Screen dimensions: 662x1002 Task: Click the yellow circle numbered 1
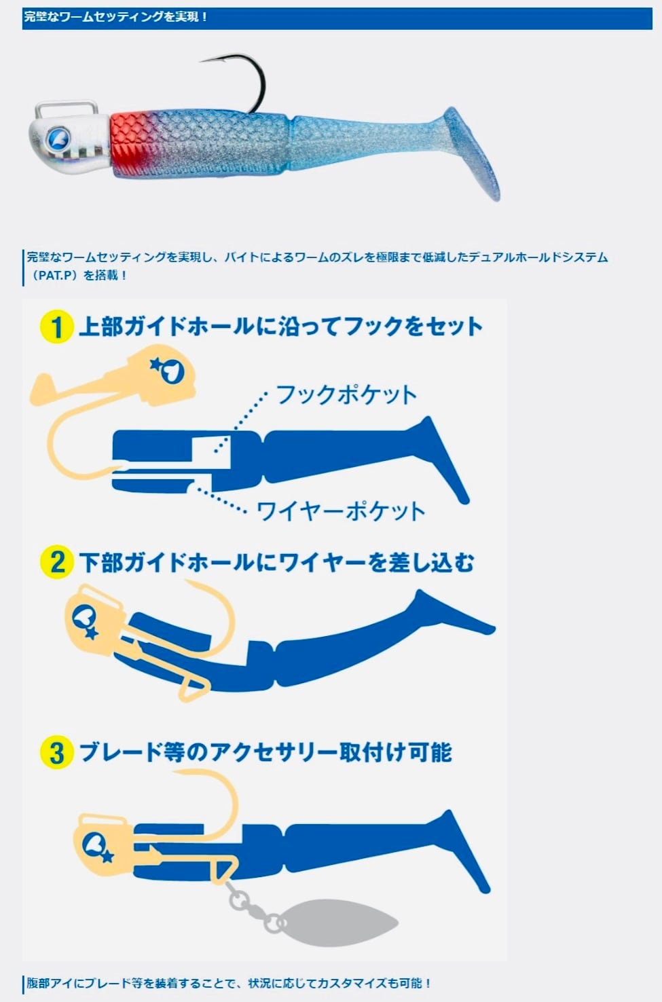pyautogui.click(x=57, y=327)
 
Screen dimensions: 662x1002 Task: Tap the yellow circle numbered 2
pyautogui.click(x=57, y=563)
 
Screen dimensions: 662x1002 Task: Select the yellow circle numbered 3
pyautogui.click(x=57, y=753)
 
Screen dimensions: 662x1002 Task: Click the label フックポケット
pyautogui.click(x=346, y=395)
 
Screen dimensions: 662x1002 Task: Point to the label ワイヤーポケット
pyautogui.click(x=341, y=511)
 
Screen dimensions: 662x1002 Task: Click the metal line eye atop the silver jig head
pyautogui.click(x=66, y=109)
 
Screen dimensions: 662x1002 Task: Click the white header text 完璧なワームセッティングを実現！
pyautogui.click(x=116, y=17)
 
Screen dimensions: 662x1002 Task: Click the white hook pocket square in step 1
pyautogui.click(x=212, y=455)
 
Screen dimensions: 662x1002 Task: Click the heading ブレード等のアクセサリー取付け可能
pyautogui.click(x=265, y=752)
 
